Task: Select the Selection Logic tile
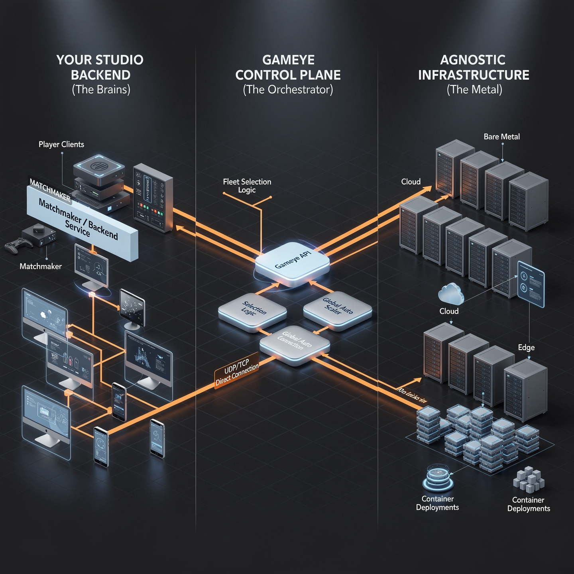[252, 311]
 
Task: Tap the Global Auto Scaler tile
[337, 309]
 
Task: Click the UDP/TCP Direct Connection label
[236, 372]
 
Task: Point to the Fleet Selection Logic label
[247, 186]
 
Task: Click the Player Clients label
[61, 144]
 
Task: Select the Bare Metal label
[501, 137]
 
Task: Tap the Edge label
[526, 348]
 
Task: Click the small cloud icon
[451, 293]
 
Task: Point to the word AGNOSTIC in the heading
[473, 60]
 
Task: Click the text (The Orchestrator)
[288, 90]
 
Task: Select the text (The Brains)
[101, 90]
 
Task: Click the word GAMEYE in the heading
[288, 60]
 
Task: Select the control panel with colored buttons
[153, 198]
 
